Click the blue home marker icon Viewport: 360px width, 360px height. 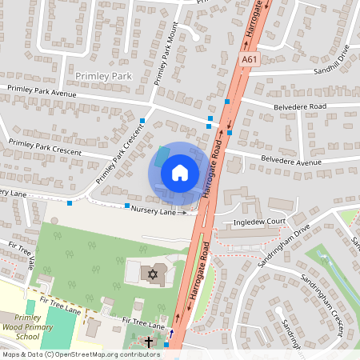[x=179, y=173]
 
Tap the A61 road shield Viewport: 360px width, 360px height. [x=249, y=60]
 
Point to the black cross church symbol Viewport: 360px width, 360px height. [x=150, y=341]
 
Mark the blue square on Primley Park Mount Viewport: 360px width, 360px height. [x=143, y=121]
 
